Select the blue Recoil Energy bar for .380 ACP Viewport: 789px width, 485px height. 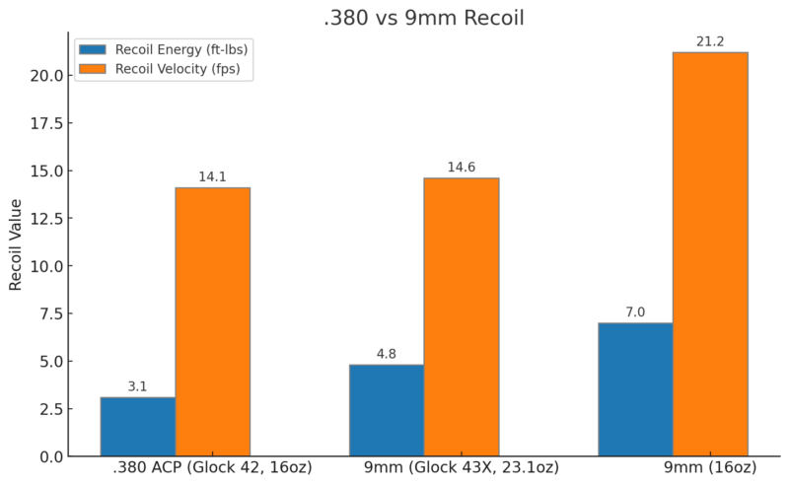point(138,427)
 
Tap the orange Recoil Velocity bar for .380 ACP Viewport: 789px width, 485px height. point(213,321)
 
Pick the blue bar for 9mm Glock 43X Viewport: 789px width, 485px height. point(387,410)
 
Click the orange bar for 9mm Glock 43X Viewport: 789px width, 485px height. point(462,316)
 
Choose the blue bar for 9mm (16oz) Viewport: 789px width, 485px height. point(636,389)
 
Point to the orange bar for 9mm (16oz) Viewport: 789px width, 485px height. point(710,254)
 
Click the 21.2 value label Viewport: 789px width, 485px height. point(710,40)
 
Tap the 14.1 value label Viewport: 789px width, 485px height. point(213,176)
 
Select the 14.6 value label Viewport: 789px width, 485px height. point(462,167)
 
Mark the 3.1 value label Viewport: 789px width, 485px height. point(138,386)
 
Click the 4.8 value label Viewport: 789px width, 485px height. point(387,354)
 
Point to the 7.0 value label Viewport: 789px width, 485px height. point(636,312)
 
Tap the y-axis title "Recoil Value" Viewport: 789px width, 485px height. point(16,244)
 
